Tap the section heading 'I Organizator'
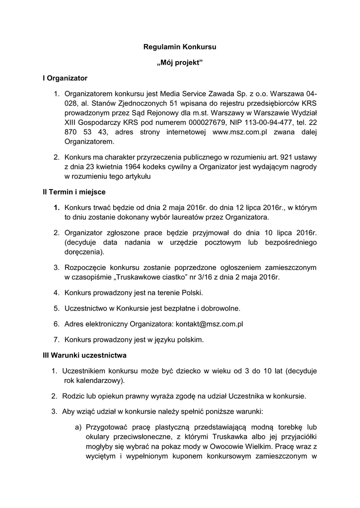coord(65,78)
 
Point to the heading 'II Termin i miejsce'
coord(74,191)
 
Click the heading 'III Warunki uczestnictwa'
coord(84,355)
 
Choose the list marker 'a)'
coord(78,427)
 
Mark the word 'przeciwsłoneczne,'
coord(144,437)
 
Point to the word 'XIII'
coord(72,122)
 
